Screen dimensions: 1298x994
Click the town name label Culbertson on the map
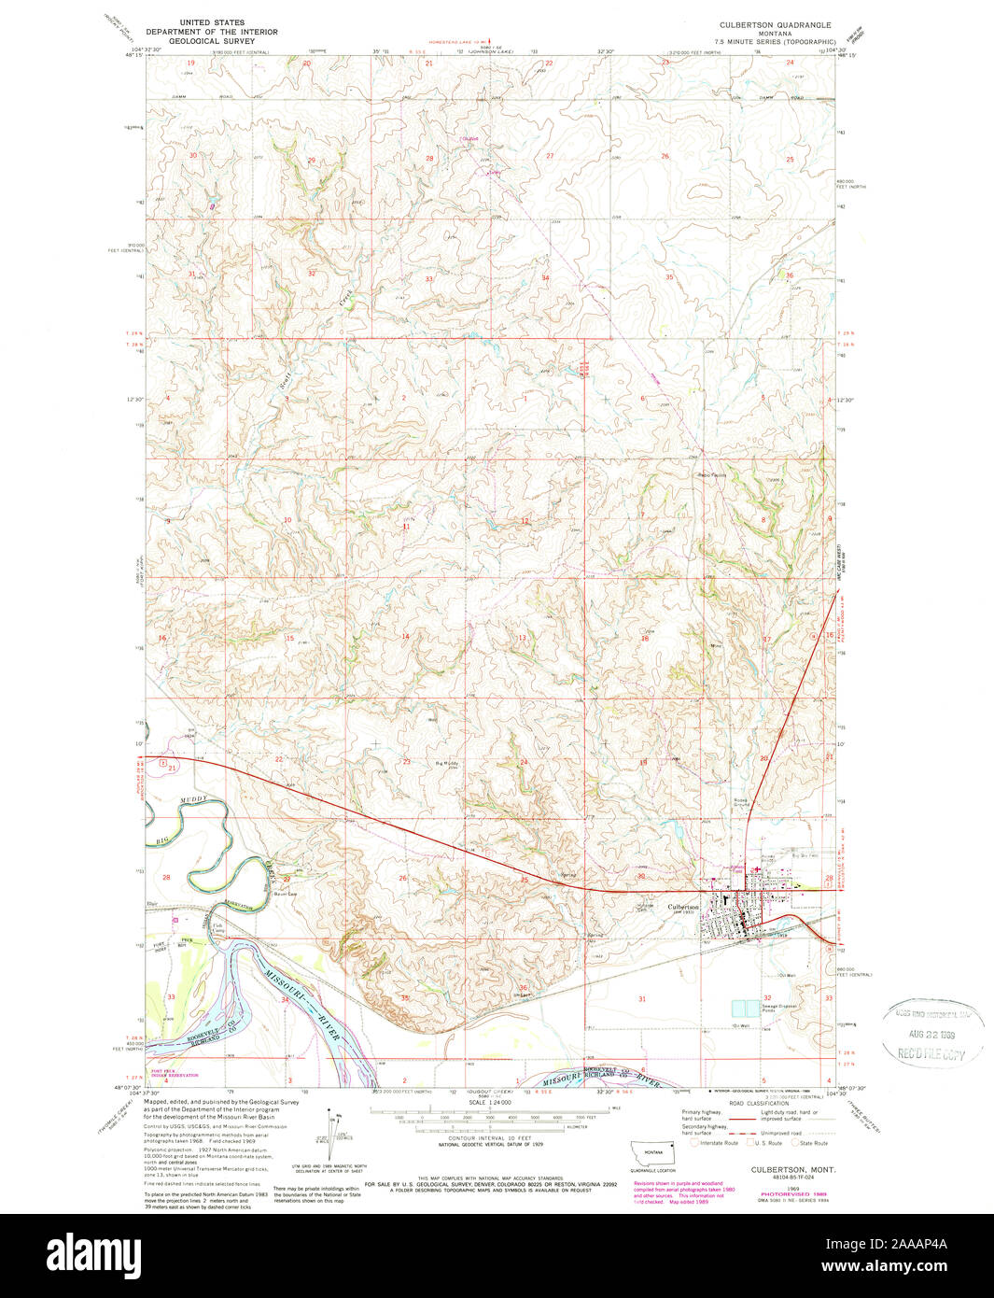(682, 907)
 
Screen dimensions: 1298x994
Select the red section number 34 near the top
(545, 278)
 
